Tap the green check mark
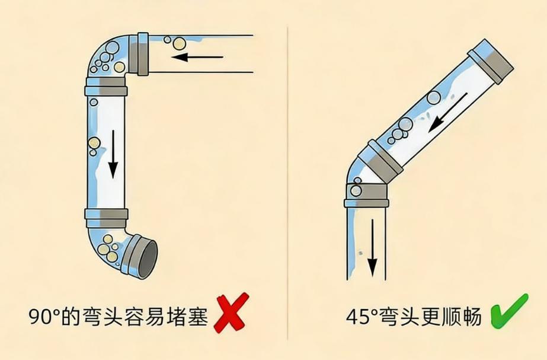tap(508, 311)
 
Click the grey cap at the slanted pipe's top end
tap(491, 60)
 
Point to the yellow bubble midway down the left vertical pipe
tap(94, 143)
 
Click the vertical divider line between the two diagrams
tap(288, 178)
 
